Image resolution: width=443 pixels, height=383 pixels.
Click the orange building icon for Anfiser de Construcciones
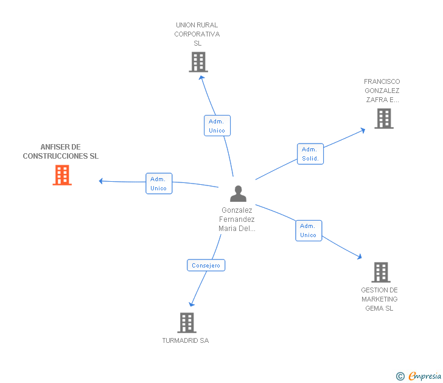coord(62,175)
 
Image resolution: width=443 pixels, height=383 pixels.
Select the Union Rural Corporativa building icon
coord(198,62)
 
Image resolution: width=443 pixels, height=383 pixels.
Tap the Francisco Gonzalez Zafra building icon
coord(383,119)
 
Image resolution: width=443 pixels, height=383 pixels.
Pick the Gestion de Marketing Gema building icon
coord(381,272)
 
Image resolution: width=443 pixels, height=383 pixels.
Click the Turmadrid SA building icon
coord(186,323)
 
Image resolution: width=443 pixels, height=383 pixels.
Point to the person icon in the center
coord(238,193)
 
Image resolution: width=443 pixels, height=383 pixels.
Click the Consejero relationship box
coord(206,265)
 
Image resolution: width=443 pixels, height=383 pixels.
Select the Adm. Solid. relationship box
coord(310,154)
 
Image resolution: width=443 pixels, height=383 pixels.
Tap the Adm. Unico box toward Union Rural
coord(217,126)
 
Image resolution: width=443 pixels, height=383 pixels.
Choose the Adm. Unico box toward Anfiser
coord(159,184)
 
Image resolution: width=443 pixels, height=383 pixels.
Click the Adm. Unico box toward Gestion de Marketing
coord(309,230)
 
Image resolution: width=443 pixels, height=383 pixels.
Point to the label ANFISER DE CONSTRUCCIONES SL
coord(61,151)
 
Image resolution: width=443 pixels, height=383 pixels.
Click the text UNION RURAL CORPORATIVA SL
coord(197,34)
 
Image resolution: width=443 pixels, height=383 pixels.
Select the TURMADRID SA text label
coord(186,340)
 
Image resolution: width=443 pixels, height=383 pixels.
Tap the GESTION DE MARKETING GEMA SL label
coord(379,299)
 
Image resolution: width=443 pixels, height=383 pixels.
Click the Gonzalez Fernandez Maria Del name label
coord(237,219)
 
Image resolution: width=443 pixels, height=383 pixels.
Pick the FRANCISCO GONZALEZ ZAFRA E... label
coord(382,91)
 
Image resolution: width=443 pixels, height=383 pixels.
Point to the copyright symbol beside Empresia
coord(400,376)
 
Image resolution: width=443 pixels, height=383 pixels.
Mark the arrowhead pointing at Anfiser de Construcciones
coord(101,181)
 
